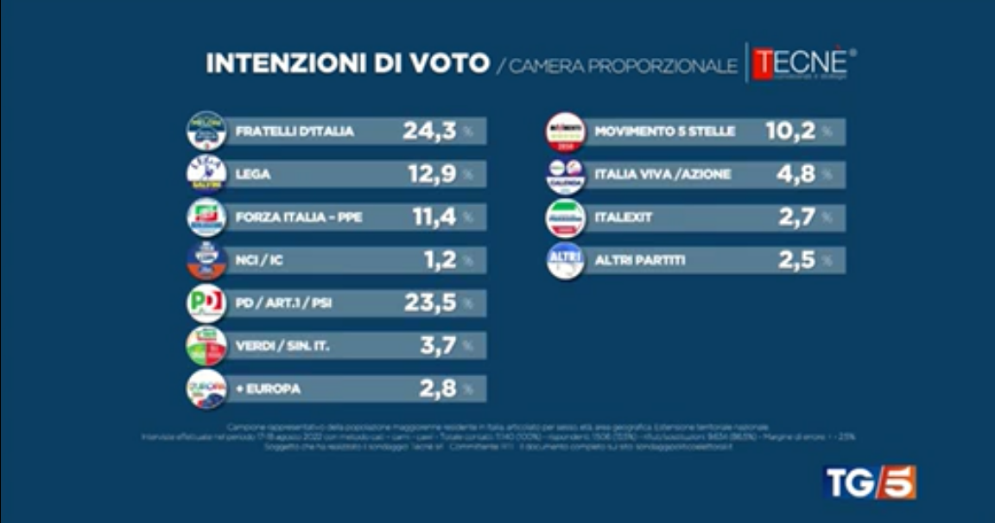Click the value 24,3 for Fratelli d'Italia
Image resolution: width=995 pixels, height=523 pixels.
pyautogui.click(x=429, y=131)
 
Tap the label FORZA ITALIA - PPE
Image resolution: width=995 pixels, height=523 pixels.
pyautogui.click(x=299, y=217)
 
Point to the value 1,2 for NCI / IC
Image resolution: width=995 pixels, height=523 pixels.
pyautogui.click(x=440, y=260)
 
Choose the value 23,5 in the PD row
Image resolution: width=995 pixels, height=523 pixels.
pyautogui.click(x=430, y=303)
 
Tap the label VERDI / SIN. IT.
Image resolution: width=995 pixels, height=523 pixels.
pyautogui.click(x=283, y=347)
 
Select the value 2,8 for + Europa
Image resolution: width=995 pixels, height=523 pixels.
pyautogui.click(x=437, y=389)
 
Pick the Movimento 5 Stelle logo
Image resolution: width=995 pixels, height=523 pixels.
pyautogui.click(x=566, y=131)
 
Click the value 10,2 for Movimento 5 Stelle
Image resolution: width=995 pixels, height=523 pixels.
pyautogui.click(x=790, y=131)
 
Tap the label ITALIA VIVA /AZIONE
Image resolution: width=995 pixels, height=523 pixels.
pyautogui.click(x=663, y=175)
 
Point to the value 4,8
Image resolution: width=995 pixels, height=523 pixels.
pyautogui.click(x=797, y=175)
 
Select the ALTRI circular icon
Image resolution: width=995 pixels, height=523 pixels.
pyautogui.click(x=566, y=260)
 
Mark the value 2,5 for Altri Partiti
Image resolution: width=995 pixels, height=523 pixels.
pyautogui.click(x=797, y=260)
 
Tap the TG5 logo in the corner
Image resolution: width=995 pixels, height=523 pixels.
pyautogui.click(x=870, y=482)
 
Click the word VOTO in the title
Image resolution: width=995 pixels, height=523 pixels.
pyautogui.click(x=442, y=65)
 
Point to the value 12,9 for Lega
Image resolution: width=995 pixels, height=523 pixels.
pyautogui.click(x=433, y=174)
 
